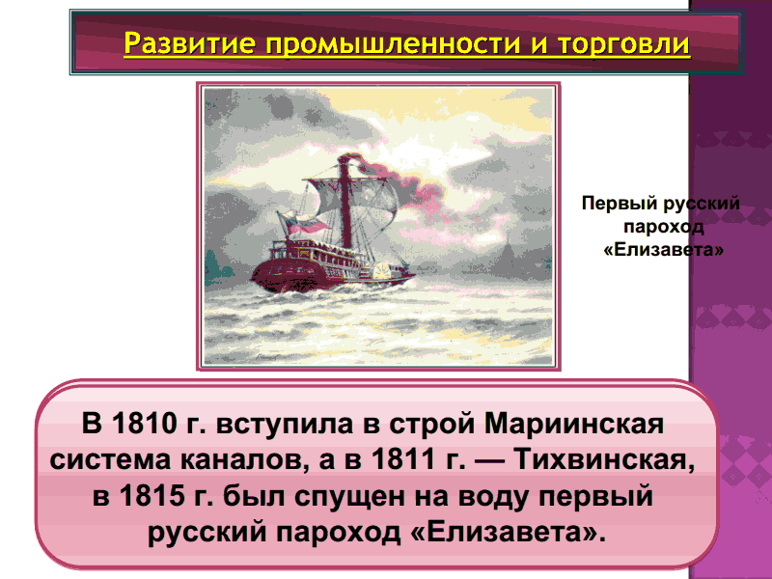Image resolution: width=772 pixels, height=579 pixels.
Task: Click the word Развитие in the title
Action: (189, 43)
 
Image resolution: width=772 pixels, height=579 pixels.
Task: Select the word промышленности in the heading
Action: (393, 43)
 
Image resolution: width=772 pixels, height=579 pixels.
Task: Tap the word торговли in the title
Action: (623, 43)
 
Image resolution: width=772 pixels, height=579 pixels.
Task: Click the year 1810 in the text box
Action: (143, 423)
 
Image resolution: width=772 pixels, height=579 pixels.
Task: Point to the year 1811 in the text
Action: (403, 459)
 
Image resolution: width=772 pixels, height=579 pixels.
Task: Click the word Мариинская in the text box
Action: (574, 424)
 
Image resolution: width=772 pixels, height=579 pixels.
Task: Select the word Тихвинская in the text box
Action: (605, 460)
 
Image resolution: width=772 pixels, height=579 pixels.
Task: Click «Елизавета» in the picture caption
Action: (663, 250)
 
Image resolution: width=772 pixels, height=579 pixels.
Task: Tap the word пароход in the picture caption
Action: (663, 227)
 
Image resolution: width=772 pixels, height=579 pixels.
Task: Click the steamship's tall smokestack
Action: (345, 202)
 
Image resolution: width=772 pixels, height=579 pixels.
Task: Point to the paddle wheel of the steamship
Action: (381, 271)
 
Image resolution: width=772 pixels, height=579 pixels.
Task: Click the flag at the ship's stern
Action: (301, 224)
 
